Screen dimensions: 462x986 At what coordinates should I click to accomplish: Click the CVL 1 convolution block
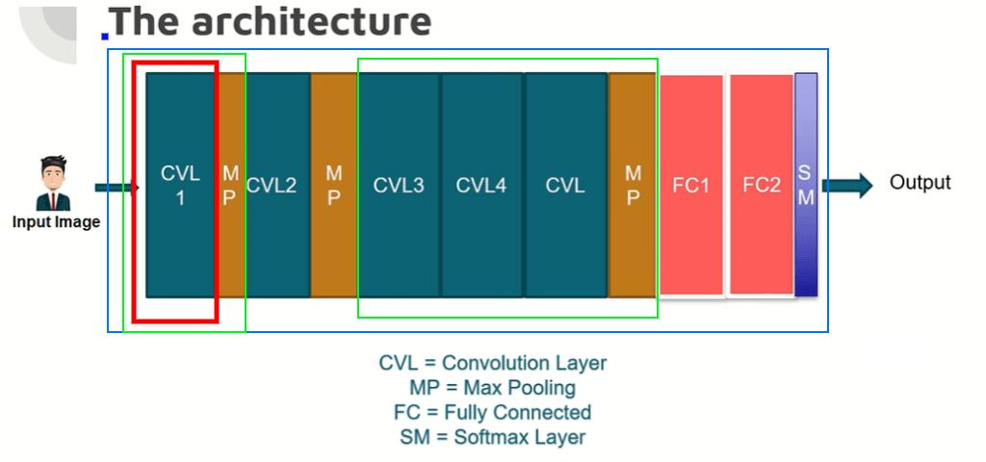180,185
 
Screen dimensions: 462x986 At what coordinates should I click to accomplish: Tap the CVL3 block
399,185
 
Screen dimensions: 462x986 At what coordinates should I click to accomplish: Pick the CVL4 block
481,185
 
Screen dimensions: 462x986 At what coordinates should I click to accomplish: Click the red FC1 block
690,185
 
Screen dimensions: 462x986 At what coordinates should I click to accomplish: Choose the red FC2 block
761,185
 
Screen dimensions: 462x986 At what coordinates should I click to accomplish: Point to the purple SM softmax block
806,185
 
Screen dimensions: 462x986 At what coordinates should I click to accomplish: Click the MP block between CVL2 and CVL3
333,185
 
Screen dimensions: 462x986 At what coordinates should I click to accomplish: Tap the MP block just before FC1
633,185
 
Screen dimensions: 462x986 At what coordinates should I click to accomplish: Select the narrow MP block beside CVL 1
230,185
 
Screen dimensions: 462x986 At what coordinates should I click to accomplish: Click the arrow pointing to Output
847,185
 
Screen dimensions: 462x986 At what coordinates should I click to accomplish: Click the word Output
920,182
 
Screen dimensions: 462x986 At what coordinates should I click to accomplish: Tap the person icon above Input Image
53,183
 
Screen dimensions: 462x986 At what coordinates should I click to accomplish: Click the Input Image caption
56,222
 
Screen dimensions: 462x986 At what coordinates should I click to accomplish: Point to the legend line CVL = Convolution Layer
492,364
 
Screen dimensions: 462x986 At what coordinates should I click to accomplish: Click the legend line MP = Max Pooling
492,388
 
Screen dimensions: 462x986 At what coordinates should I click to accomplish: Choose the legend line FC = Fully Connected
492,412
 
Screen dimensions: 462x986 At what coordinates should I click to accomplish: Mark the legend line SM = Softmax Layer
492,437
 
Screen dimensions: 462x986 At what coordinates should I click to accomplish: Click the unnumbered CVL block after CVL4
565,185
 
